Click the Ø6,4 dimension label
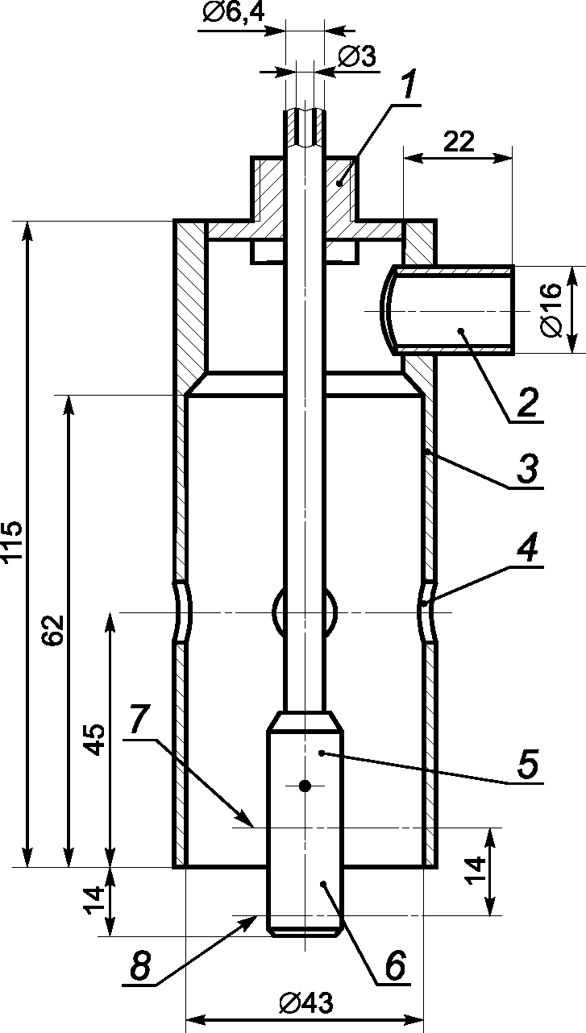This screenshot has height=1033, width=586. click(x=234, y=12)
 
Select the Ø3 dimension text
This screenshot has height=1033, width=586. click(x=357, y=56)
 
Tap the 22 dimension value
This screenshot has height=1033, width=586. click(x=459, y=142)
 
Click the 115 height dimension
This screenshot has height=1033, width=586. click(x=12, y=541)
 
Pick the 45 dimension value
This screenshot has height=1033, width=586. click(x=95, y=740)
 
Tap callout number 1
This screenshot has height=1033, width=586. click(x=407, y=85)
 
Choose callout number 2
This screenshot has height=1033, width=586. click(x=527, y=402)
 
